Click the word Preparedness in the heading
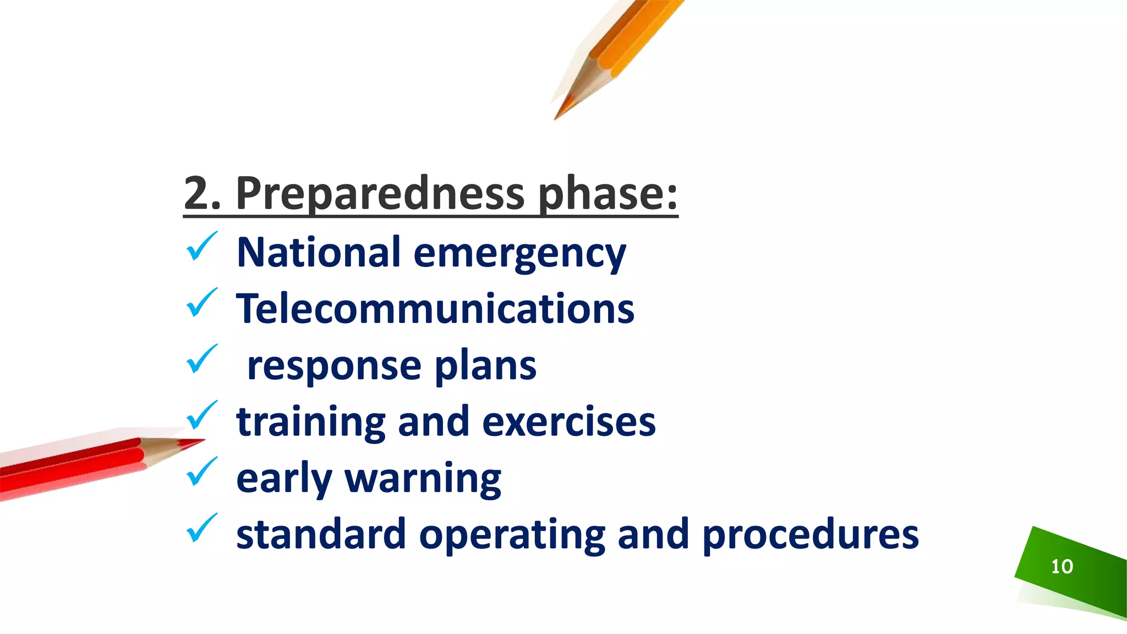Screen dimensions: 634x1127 (380, 194)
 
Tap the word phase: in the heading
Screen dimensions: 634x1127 (608, 194)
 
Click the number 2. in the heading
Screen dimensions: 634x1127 (202, 194)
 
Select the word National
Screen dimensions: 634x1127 (318, 253)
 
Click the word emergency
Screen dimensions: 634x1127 (519, 254)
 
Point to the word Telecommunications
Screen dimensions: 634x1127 (435, 309)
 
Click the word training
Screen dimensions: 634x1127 (311, 423)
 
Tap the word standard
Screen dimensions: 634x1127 (321, 535)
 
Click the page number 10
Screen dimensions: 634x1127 (1062, 567)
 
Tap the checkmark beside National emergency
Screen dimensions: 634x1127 (201, 247)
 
